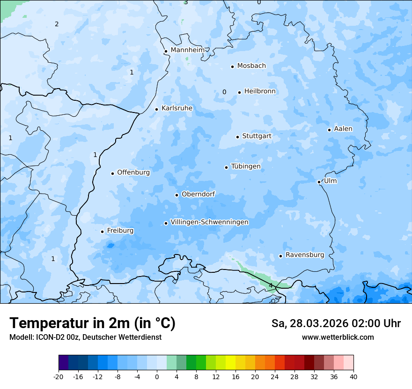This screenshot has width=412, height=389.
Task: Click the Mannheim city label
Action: click(187, 50)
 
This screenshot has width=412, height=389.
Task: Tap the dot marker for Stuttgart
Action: click(237, 137)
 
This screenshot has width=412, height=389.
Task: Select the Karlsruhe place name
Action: click(177, 108)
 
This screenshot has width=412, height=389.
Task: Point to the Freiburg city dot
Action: click(102, 232)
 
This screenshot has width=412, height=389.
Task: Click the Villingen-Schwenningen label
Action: click(209, 222)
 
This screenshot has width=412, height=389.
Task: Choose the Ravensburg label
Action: click(304, 255)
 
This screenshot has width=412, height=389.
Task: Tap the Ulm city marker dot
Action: click(319, 182)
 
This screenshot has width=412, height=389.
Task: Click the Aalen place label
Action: click(343, 129)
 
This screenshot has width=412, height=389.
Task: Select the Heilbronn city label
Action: click(260, 91)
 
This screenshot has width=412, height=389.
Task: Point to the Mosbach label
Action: click(251, 66)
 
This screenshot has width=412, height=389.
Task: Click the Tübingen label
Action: click(245, 166)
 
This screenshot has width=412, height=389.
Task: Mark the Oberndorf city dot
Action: click(177, 195)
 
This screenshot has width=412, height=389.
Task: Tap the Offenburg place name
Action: click(133, 172)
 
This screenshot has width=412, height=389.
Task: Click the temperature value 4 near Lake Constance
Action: click(271, 285)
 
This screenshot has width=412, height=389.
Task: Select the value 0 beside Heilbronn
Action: click(224, 92)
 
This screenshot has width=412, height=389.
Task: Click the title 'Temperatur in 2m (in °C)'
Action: click(92, 323)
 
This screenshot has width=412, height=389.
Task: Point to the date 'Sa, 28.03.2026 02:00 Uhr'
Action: click(336, 323)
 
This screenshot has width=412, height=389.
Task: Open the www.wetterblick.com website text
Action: click(338, 337)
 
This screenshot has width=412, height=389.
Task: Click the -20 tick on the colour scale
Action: click(59, 376)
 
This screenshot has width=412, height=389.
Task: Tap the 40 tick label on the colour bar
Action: click(353, 376)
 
